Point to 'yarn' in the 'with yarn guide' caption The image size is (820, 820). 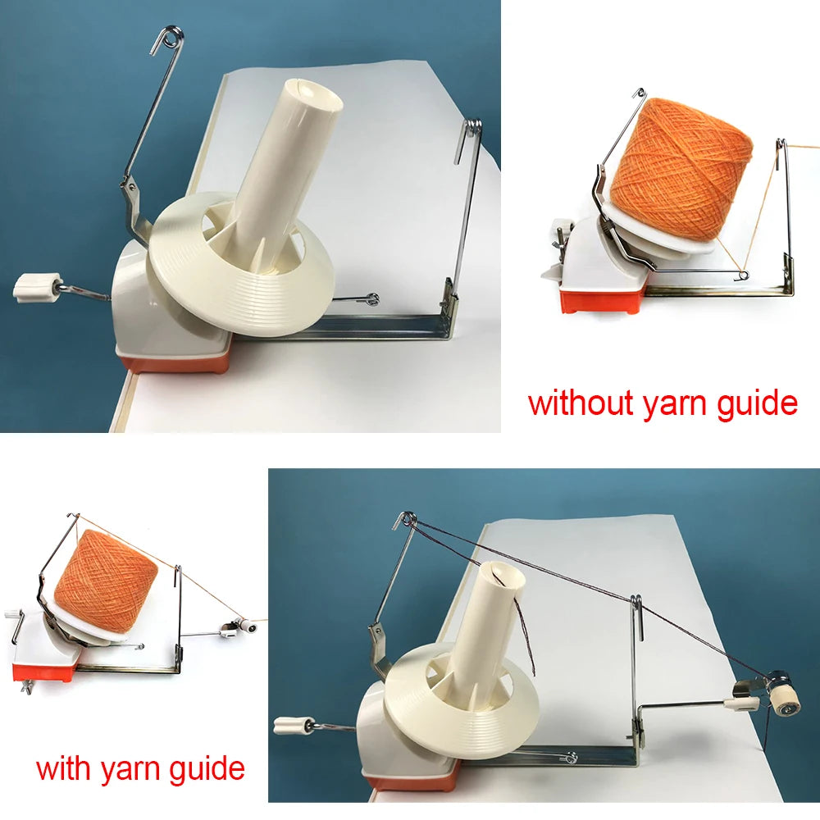pyautogui.click(x=132, y=771)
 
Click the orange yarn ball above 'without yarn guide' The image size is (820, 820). pyautogui.click(x=683, y=173)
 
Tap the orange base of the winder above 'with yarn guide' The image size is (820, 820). pyautogui.click(x=45, y=672)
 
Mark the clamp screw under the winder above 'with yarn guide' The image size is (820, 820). pyautogui.click(x=26, y=687)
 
